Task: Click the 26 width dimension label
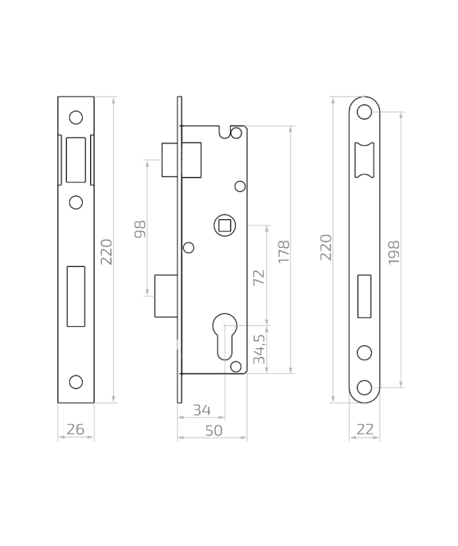tap(75, 430)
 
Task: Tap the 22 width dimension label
tap(365, 430)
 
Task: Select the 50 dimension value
tap(213, 430)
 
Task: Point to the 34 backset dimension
tap(202, 410)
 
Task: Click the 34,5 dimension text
tap(259, 349)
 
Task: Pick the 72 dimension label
tap(259, 277)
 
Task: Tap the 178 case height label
tap(284, 252)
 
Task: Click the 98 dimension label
tap(140, 229)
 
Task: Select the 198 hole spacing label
tap(394, 253)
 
